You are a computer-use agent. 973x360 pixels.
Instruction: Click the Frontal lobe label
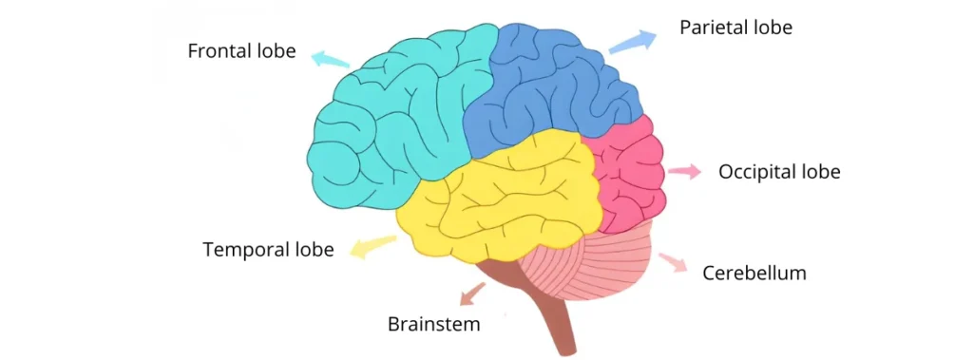pos(241,50)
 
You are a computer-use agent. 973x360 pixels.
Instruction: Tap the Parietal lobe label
pos(735,28)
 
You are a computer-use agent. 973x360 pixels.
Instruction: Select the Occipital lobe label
pos(779,172)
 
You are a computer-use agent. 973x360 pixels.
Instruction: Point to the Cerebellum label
pos(754,274)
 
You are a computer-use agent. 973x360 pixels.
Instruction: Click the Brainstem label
pos(434,323)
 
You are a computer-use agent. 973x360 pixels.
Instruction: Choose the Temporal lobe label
pos(268,250)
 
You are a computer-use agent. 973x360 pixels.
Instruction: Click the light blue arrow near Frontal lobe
pos(330,58)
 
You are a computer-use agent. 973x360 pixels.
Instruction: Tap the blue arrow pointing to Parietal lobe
pos(632,42)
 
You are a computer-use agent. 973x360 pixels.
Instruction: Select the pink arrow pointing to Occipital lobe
pos(684,172)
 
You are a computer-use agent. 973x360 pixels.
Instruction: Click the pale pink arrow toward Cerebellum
pos(673,262)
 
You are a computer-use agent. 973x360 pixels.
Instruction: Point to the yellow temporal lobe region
pos(504,199)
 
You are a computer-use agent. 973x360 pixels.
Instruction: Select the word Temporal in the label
pos(245,250)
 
